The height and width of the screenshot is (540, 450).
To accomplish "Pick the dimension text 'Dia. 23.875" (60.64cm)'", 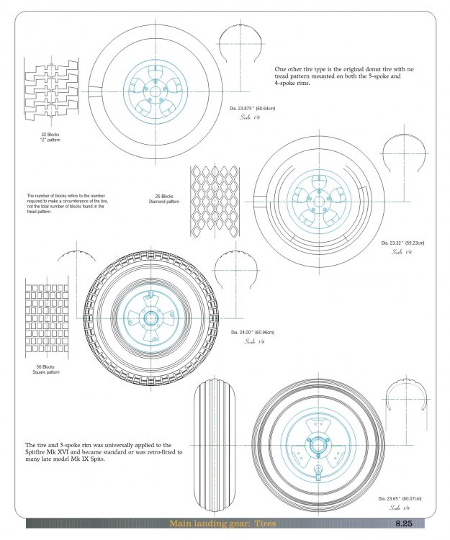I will click(x=253, y=108).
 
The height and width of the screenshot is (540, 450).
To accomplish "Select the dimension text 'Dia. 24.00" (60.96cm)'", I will click(x=253, y=333).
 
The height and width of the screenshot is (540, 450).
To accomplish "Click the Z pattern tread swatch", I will click(x=50, y=91).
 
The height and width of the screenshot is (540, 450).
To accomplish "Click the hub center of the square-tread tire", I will click(x=153, y=318).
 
